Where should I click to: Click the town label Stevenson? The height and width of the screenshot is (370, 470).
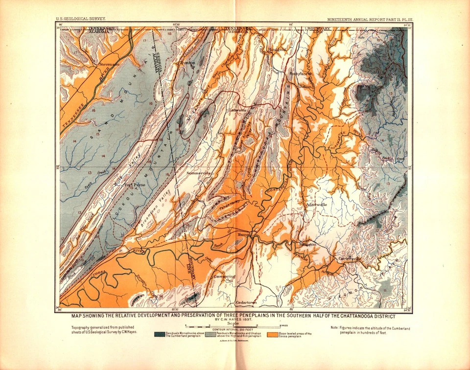109,64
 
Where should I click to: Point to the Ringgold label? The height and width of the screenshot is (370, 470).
277,49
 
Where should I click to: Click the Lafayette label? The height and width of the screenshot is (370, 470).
235,111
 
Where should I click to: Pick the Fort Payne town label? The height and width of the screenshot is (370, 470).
135,185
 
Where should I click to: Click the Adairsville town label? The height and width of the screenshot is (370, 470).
315,204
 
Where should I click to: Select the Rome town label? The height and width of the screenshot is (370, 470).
244,235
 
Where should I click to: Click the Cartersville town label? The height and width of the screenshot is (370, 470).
349,258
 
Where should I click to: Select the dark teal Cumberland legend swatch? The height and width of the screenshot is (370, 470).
159,335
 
